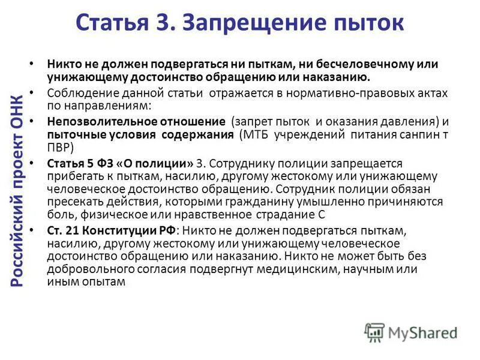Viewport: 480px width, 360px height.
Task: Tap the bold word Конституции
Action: click(x=115, y=230)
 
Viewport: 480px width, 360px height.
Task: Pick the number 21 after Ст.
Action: click(x=68, y=230)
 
